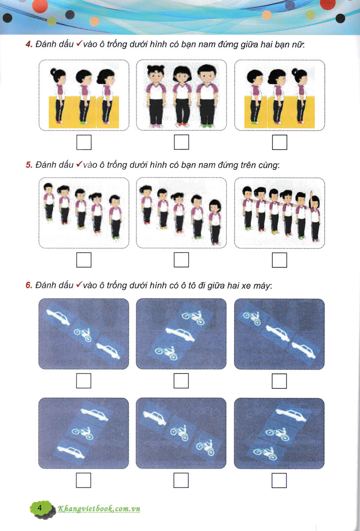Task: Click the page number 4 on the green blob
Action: click(x=39, y=508)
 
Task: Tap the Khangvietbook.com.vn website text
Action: click(x=99, y=509)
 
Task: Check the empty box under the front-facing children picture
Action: click(x=182, y=142)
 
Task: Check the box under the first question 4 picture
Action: click(x=84, y=142)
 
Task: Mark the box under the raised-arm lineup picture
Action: click(x=279, y=260)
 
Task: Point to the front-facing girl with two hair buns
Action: click(x=155, y=96)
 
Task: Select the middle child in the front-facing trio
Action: click(x=182, y=96)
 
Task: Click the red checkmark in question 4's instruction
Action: click(x=79, y=44)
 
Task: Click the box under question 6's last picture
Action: click(x=279, y=480)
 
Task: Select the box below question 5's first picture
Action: click(x=84, y=260)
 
